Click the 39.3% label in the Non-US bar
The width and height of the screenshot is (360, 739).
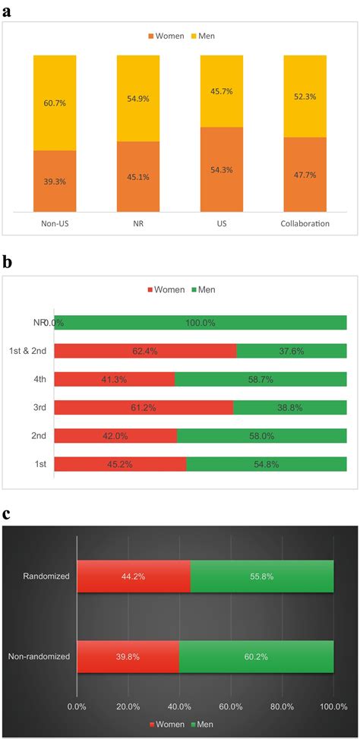[55, 182]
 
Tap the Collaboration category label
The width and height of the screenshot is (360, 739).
[305, 224]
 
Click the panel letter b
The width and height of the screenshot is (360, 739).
[7, 263]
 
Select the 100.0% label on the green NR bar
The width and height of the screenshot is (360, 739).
[200, 323]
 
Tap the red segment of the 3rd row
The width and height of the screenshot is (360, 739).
[144, 407]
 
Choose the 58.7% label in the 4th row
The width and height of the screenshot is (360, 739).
[261, 379]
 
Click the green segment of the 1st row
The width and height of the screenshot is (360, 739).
[266, 463]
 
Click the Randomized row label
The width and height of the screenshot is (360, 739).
[48, 576]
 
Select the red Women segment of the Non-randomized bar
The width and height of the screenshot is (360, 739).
[128, 656]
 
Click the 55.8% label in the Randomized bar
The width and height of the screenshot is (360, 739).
[261, 576]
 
